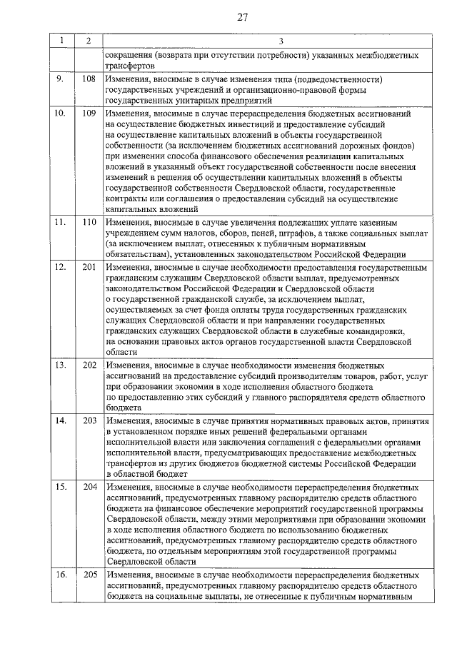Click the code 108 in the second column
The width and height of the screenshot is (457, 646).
click(x=89, y=79)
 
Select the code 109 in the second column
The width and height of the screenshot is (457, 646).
click(x=89, y=113)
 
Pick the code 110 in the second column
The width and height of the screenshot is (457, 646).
click(x=89, y=223)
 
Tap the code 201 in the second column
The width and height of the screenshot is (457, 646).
click(x=89, y=267)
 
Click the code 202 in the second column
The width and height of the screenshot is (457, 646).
click(x=89, y=365)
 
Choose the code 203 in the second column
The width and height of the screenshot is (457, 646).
click(x=89, y=420)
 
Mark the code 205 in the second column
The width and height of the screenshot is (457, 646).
click(x=89, y=575)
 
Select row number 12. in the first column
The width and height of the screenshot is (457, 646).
click(x=61, y=267)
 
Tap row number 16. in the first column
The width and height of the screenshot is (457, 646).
click(x=61, y=575)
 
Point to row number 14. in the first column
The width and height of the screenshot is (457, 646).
click(x=61, y=420)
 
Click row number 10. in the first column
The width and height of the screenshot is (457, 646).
click(x=61, y=113)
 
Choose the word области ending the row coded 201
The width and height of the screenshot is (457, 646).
click(x=120, y=352)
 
